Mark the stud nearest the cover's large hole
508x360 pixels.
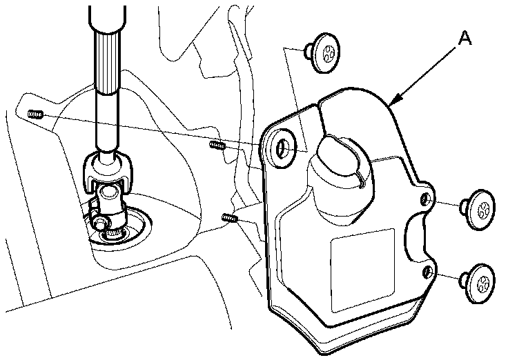coord(218,145)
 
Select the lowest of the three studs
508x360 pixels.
coord(231,219)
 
